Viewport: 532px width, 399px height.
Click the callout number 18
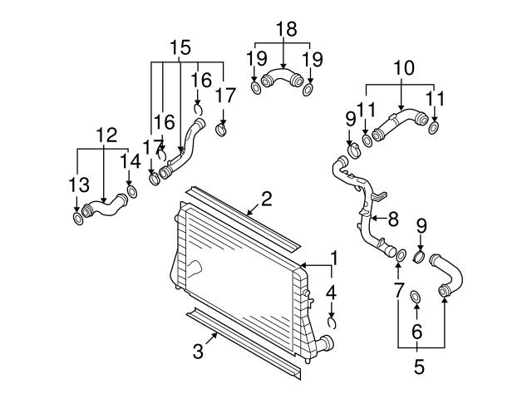pos(287,29)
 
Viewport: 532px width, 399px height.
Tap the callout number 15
pos(180,47)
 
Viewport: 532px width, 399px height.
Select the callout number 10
pos(404,68)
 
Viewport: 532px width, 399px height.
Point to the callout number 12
pos(106,135)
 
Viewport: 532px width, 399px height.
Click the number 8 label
pos(393,219)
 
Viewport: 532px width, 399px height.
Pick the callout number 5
pos(419,367)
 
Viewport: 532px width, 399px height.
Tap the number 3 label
pos(198,351)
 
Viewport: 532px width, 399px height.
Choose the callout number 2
pos(267,199)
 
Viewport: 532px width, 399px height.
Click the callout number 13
pos(79,185)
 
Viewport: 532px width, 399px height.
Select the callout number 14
pos(131,161)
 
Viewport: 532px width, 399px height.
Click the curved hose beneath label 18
pos(283,78)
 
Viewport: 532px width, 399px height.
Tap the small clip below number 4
pos(332,322)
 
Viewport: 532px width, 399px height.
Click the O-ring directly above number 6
pos(416,297)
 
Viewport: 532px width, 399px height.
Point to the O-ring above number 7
pos(401,255)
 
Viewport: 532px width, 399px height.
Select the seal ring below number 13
pos(78,219)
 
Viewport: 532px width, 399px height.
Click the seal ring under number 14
pos(131,192)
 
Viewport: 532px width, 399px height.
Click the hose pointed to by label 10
pos(401,124)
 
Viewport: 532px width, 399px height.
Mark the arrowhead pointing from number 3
pos(215,334)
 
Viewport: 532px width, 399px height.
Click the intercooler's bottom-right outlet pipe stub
pos(325,343)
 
